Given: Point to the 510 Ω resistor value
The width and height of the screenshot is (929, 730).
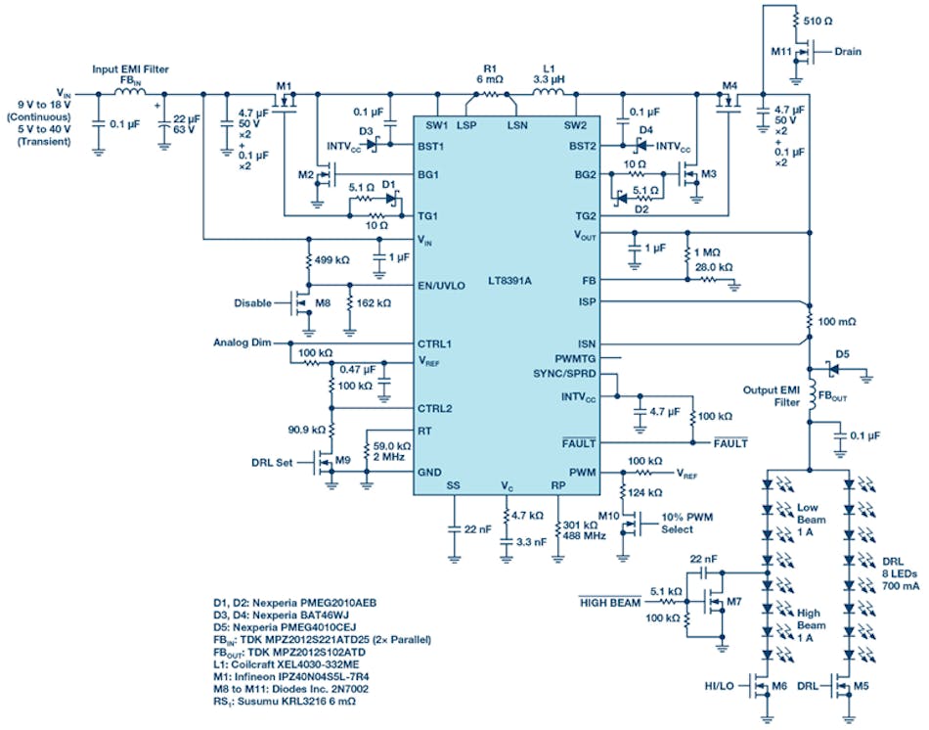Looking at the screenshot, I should (817, 19).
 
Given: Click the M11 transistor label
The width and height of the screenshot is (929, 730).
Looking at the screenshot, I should (778, 50).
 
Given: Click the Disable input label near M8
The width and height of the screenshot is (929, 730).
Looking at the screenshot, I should (252, 303).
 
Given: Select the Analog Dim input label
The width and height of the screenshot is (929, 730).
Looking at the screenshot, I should (241, 342).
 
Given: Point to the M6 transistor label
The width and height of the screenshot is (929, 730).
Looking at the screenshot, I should (778, 685).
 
